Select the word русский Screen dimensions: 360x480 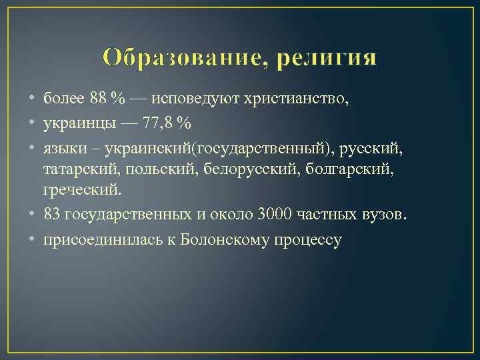(375, 148)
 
